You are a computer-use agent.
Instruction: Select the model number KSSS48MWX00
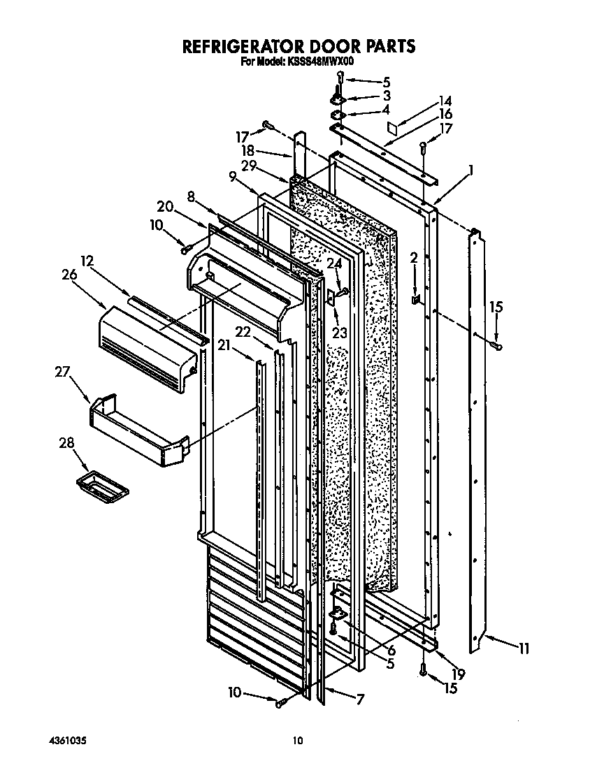pos(319,61)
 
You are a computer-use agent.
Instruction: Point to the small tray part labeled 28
pos(102,483)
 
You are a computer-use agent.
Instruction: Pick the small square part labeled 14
pos(394,127)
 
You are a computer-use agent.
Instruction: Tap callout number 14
pos(445,100)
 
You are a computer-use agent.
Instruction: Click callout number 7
pos(361,698)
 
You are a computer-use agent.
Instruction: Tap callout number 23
pos(340,333)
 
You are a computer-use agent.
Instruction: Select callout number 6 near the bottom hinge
pos(391,651)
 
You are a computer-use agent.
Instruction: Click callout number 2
pos(414,258)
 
